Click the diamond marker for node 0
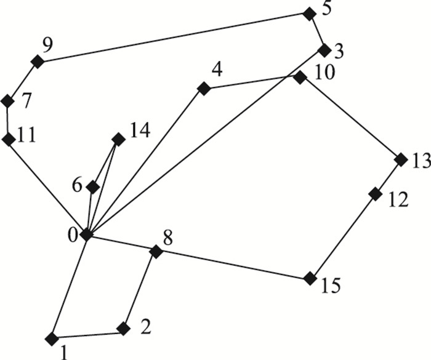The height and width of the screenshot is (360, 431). (x=86, y=234)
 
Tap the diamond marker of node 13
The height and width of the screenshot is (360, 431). (x=401, y=160)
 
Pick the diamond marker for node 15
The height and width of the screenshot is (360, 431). (x=310, y=279)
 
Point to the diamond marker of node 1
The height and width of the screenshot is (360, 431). (x=52, y=337)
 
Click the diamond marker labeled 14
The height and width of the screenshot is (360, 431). (x=118, y=139)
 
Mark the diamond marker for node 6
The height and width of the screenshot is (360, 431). (x=93, y=186)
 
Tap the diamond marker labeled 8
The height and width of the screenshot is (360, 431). (x=156, y=251)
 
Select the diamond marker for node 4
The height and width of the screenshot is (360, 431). (x=203, y=89)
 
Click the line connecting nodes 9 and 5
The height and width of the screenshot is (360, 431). (x=172, y=38)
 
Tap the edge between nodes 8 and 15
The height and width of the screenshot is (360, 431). (x=233, y=265)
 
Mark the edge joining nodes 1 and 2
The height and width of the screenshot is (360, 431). (x=88, y=334)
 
